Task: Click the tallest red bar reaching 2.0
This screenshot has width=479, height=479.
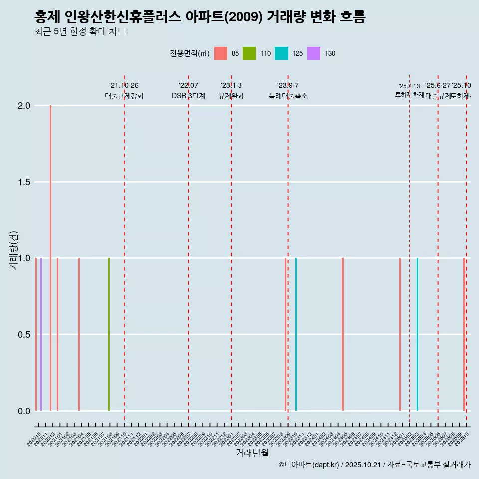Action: (x=50, y=257)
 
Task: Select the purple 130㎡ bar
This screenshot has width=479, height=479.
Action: (x=41, y=334)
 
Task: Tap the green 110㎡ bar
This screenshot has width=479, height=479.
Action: (x=109, y=334)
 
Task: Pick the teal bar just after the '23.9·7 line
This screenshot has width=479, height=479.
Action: (x=296, y=334)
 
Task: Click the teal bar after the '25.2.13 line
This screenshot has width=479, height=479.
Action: (x=417, y=334)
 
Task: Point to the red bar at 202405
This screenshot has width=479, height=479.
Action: (x=343, y=334)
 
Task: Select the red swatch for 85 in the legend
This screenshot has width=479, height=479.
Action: (x=221, y=53)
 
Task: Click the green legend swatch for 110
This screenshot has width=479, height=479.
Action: (x=249, y=53)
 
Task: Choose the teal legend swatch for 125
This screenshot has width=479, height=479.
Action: (x=281, y=53)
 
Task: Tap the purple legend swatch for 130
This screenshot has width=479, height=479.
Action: (x=314, y=53)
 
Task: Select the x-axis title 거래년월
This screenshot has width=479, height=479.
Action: (x=252, y=453)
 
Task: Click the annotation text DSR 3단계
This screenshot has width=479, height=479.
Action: (x=188, y=96)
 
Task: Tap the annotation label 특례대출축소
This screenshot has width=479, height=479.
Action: (x=288, y=96)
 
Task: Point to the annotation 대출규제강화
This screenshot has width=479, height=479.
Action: (x=124, y=96)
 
